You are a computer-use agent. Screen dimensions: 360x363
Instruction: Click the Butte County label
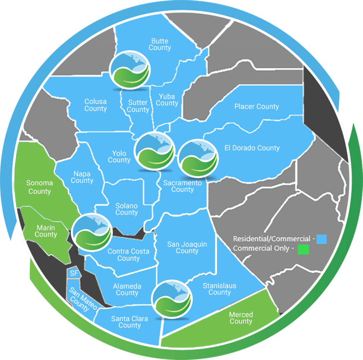coord(160,44)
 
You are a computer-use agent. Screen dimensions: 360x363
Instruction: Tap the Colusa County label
coord(95,105)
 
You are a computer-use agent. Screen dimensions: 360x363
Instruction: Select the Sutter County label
coord(138,106)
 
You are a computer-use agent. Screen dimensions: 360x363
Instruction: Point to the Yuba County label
coord(167,99)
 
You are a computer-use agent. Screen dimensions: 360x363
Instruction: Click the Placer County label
coord(256,106)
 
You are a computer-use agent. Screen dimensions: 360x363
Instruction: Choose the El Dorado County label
coord(252,148)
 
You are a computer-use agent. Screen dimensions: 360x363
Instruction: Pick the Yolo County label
coord(119,157)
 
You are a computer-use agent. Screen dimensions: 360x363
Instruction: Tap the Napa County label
coord(82,177)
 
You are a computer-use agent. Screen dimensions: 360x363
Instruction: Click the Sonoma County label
coord(39,187)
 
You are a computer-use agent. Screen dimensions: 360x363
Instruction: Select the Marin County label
coord(46,231)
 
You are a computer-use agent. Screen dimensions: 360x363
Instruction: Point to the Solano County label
coord(127,209)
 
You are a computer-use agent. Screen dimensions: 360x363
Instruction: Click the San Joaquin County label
coord(187,248)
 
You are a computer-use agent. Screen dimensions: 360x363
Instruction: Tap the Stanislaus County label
coord(219,289)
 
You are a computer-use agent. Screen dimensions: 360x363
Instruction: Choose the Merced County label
coord(241,318)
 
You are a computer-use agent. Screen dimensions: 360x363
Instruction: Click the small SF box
coord(74,274)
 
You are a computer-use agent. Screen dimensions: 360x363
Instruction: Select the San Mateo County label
coord(80,300)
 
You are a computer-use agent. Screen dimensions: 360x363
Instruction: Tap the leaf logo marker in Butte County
coord(130,70)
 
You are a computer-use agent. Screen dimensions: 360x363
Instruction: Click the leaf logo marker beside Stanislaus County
coord(172,300)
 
